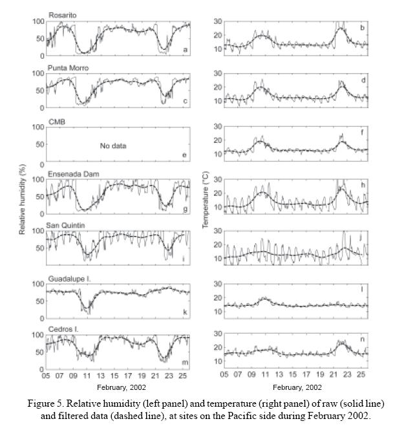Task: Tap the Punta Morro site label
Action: click(68, 67)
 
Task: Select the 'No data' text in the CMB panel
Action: click(113, 145)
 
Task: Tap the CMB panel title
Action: click(56, 120)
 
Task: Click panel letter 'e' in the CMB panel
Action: click(185, 155)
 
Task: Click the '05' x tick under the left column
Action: click(47, 376)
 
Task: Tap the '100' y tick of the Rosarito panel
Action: click(37, 21)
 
